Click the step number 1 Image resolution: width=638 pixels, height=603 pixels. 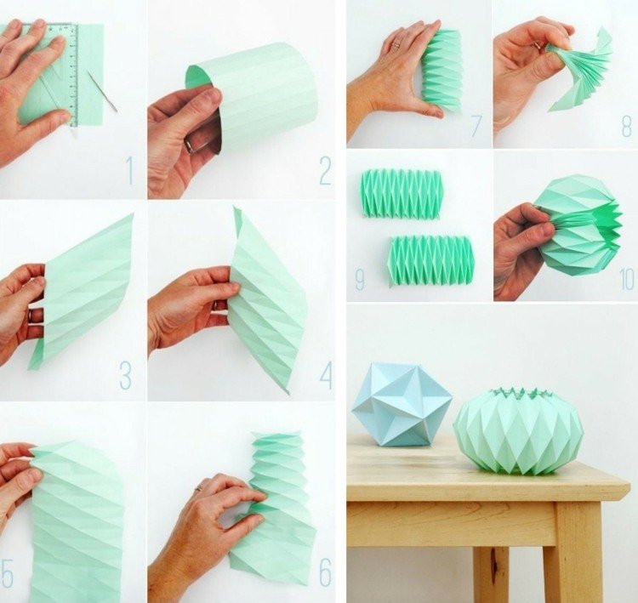129,172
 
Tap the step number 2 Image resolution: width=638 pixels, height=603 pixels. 325,172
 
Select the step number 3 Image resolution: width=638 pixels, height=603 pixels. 125,375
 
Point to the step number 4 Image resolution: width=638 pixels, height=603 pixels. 325,375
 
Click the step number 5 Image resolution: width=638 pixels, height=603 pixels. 8,572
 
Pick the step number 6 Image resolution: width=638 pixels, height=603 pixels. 325,572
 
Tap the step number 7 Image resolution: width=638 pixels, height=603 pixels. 476,127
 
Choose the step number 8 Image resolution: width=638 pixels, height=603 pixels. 626,127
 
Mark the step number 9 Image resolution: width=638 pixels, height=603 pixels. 360,280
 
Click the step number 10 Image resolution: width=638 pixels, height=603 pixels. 626,280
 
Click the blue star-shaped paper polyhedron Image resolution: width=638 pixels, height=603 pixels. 401,404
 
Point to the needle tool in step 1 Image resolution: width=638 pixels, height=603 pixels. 101,91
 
